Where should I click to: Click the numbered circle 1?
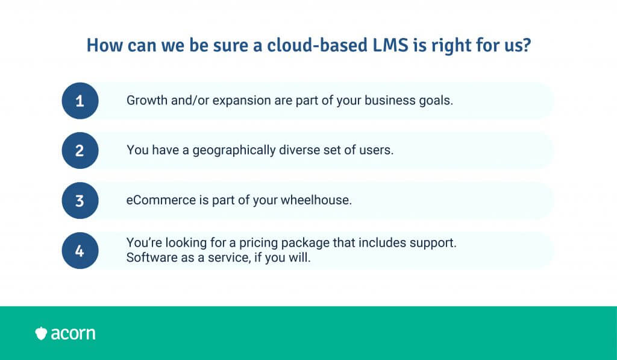click(x=80, y=101)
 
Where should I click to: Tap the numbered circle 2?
click(x=80, y=151)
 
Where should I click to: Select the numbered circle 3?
click(x=80, y=200)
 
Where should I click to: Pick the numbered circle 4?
click(x=80, y=250)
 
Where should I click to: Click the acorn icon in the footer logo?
click(x=41, y=333)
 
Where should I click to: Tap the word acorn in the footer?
click(x=73, y=333)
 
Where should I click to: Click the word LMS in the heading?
click(x=390, y=45)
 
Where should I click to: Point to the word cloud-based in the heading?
click(x=317, y=45)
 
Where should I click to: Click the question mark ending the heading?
click(x=527, y=45)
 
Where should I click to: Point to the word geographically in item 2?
click(x=234, y=151)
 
